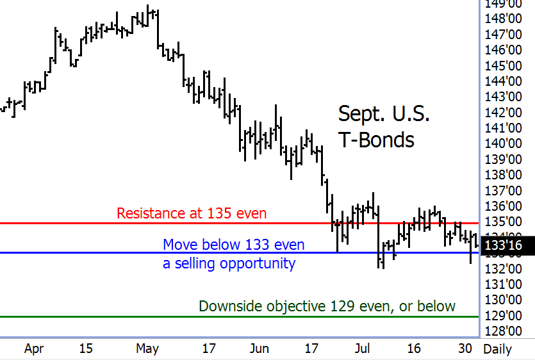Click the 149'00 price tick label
point(502,3)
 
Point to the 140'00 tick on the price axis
point(502,143)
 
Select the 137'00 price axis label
point(502,190)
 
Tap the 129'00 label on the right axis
point(502,315)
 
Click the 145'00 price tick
point(502,65)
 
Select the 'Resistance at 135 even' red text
point(192,213)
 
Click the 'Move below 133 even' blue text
point(233,244)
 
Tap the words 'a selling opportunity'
point(229,263)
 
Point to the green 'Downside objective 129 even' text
point(327,306)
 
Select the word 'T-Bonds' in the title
point(376,139)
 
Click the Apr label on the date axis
point(33,348)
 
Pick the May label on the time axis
point(147,348)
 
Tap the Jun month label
point(259,348)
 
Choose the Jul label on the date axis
point(363,348)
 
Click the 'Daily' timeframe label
point(497,348)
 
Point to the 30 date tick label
point(466,348)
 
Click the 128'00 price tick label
point(502,331)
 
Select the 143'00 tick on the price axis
point(502,97)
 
